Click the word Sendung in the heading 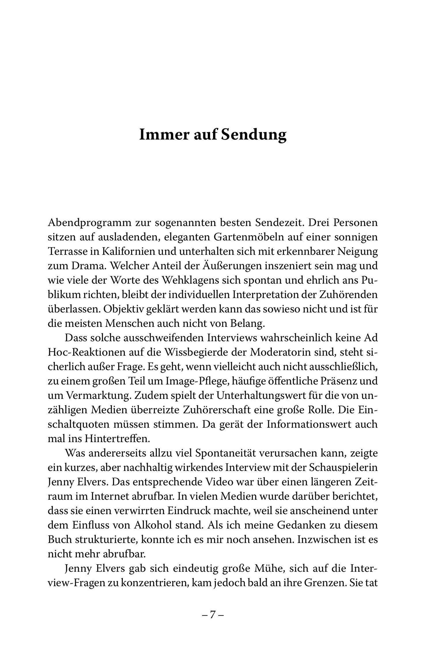[x=253, y=135]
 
